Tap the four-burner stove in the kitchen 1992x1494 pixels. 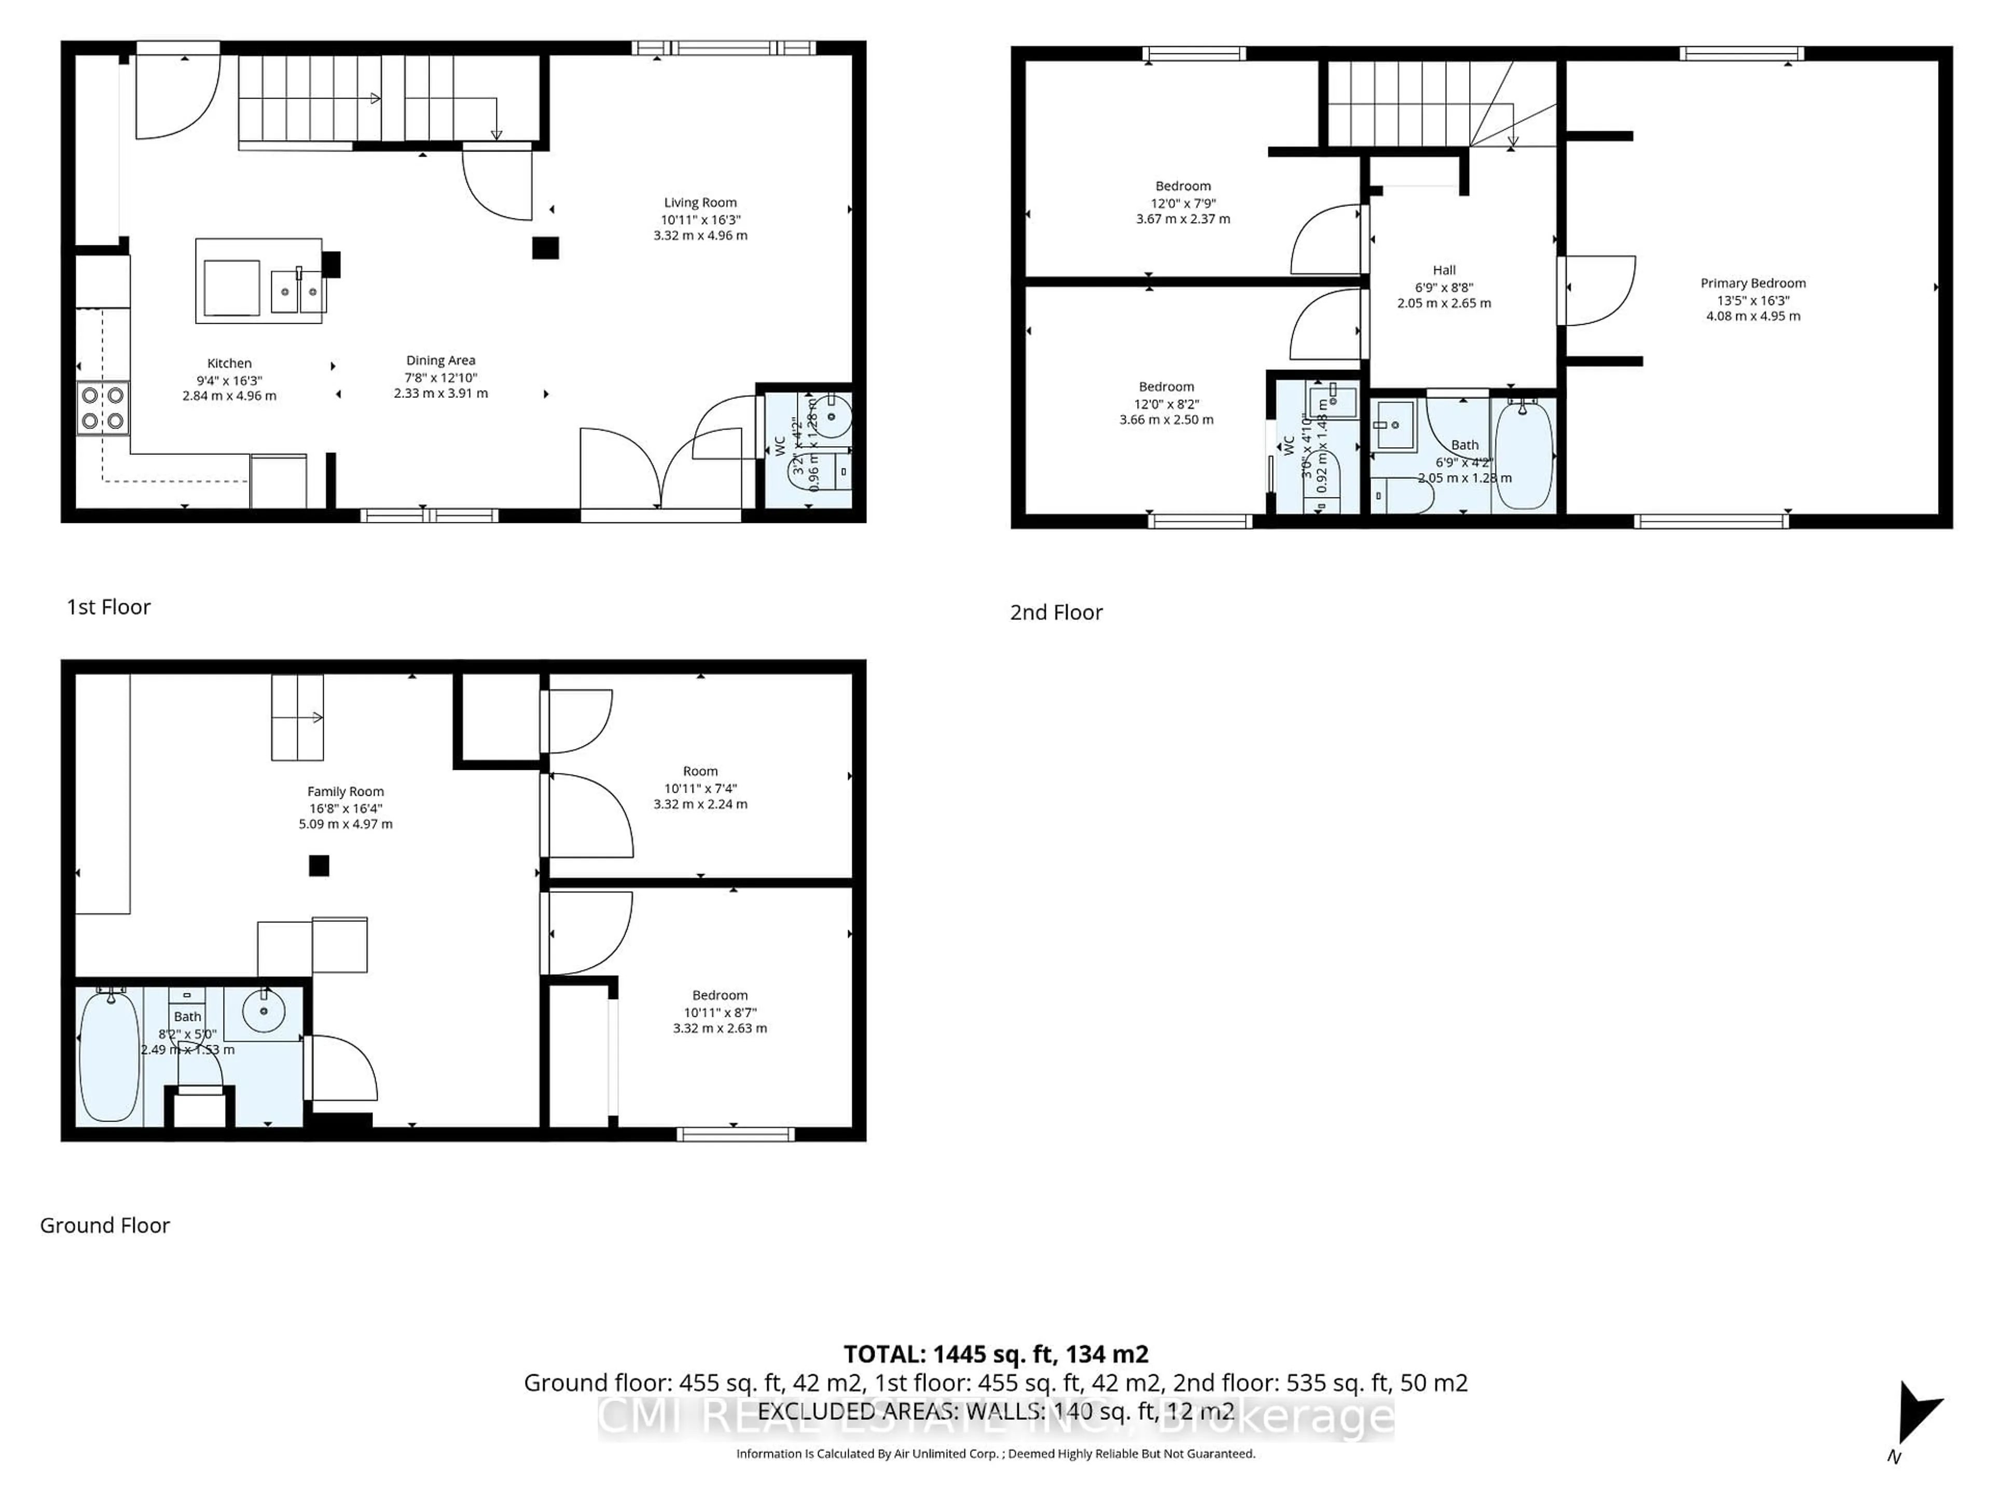point(103,408)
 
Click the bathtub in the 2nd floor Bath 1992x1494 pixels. point(1523,455)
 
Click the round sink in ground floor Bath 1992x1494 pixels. point(264,1011)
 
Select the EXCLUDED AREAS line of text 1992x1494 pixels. point(995,1411)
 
